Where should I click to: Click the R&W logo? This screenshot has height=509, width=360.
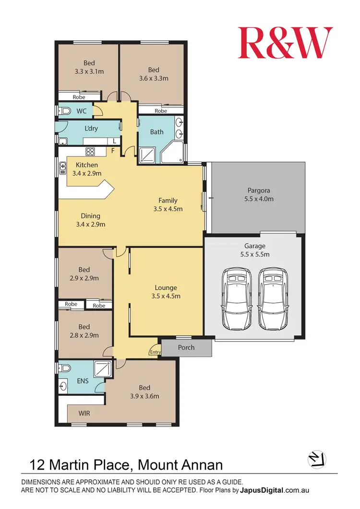coord(285,43)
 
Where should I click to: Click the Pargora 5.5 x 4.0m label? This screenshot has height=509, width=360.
coord(258,194)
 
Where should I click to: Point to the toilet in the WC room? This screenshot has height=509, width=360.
coord(65,111)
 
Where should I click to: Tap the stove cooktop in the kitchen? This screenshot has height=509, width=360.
coord(90,152)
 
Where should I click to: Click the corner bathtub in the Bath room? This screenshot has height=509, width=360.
coord(174,153)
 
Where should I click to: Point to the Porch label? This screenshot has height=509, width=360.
coord(186,347)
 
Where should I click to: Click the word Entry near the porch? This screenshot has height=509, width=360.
coord(155,353)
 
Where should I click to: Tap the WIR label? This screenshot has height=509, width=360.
coord(84,413)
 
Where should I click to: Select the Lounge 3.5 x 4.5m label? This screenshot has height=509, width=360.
coord(166,292)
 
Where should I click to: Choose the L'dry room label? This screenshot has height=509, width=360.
coord(91,128)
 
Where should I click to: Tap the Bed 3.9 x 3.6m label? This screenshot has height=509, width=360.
coord(144,392)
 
